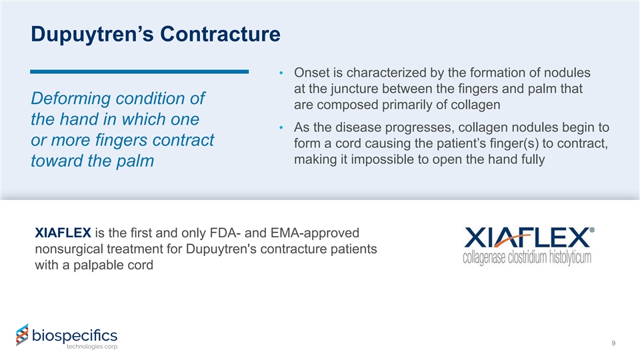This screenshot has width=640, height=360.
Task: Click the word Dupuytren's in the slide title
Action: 92,34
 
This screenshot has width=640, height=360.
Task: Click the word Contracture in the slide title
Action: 220,34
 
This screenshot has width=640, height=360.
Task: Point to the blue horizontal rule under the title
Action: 139,72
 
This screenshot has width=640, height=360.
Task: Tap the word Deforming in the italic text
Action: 70,99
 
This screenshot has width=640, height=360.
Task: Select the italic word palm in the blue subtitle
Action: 135,161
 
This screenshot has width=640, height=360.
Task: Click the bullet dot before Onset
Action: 281,73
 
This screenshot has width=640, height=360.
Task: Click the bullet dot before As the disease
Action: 281,128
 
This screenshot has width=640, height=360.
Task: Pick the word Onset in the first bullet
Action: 312,73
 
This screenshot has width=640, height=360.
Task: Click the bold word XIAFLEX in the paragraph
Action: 63,233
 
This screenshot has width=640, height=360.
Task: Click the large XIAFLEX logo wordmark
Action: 527,237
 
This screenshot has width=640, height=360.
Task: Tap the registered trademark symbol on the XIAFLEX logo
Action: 592,230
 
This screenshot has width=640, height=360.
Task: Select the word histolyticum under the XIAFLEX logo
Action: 570,257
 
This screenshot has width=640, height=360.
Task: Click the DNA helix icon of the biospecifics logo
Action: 23,335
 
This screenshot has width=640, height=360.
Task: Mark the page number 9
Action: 613,343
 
